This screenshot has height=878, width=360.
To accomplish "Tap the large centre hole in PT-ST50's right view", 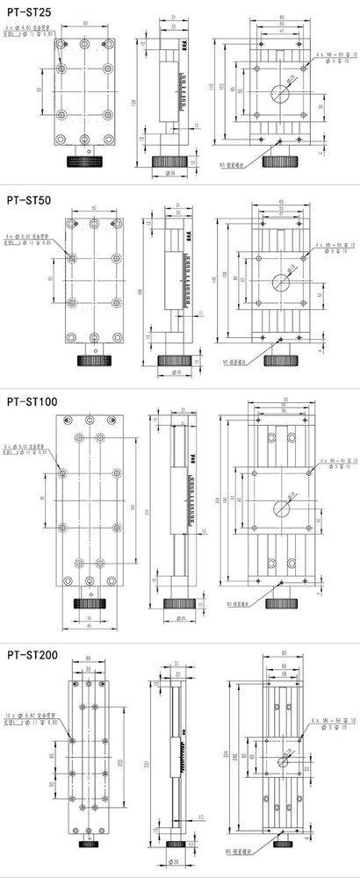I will coord(282,283).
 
